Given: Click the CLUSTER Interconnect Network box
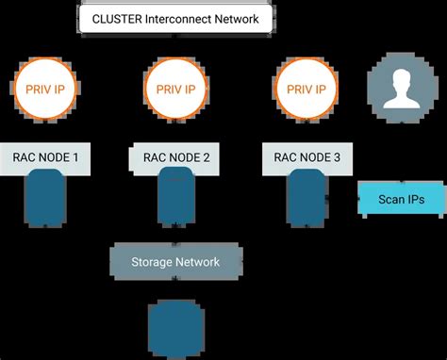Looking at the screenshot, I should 175,19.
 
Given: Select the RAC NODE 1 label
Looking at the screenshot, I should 45,158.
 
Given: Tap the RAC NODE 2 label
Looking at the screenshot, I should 175,158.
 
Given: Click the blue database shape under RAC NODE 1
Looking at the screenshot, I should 45,198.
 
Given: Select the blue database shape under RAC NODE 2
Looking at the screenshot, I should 175,198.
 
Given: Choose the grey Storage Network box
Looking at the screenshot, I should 175,261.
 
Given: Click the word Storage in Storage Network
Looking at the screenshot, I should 151,261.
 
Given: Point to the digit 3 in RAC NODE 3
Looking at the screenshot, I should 337,158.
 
